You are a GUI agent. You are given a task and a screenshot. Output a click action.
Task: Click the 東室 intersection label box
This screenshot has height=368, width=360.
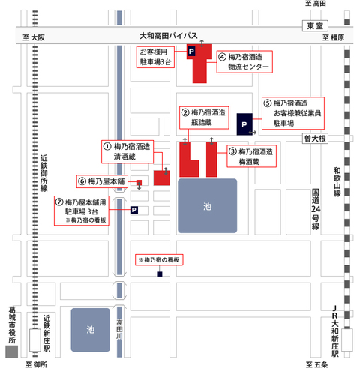(315, 25)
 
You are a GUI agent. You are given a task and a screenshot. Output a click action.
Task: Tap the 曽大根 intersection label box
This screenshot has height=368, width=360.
(315, 139)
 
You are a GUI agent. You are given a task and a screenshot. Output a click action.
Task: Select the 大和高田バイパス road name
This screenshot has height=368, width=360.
(169, 36)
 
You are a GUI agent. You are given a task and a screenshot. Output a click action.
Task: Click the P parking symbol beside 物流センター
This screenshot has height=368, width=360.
(191, 52)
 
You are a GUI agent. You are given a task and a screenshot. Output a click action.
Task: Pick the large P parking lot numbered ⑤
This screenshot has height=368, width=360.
(244, 124)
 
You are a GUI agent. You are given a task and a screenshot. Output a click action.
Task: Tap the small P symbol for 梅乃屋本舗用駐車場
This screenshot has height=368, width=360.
(134, 210)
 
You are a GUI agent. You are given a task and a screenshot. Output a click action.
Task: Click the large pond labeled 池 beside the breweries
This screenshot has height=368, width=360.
(207, 205)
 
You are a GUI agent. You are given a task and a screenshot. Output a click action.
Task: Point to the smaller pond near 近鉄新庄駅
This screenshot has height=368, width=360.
(91, 330)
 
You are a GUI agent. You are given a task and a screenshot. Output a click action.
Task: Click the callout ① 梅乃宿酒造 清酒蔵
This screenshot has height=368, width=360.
(127, 152)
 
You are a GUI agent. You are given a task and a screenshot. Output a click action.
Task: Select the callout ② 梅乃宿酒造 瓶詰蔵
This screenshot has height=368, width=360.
(204, 118)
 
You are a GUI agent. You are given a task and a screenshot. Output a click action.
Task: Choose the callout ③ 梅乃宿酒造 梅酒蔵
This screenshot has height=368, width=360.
(251, 156)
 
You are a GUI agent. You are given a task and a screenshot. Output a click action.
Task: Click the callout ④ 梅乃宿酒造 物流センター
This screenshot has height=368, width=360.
(244, 62)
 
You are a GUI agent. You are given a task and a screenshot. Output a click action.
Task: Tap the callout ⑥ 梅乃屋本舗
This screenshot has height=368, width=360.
(102, 181)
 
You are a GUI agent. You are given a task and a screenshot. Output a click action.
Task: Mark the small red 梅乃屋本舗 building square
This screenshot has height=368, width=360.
(139, 183)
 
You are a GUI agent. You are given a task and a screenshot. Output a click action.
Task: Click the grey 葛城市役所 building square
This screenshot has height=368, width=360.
(11, 352)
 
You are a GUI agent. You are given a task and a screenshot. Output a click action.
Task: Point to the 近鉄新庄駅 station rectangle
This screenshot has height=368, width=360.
(35, 340)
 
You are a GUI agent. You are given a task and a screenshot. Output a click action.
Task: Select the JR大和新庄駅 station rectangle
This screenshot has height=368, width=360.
(347, 340)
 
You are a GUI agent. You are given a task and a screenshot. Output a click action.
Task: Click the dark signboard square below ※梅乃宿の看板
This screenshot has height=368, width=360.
(160, 274)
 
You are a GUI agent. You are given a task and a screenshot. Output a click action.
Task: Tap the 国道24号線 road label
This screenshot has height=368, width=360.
(316, 209)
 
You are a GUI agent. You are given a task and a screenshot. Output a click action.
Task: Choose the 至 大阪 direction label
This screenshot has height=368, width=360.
(34, 37)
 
